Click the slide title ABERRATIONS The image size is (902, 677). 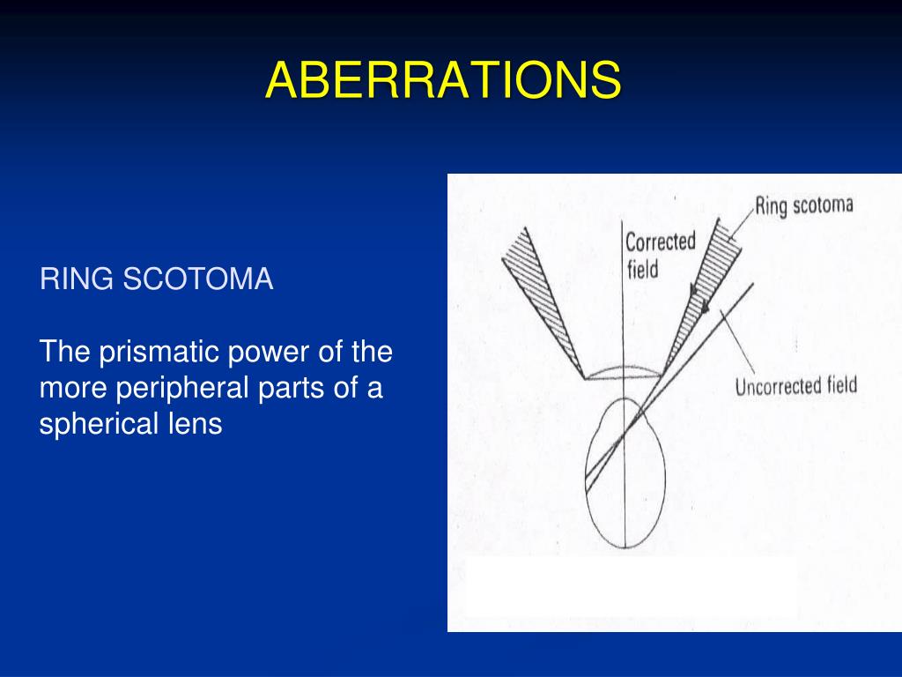point(443,80)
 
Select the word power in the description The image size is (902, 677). point(269,353)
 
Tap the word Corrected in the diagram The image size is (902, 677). point(660,241)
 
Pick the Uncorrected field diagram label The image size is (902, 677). point(795,385)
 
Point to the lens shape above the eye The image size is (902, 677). point(622,373)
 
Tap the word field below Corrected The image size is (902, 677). point(642,268)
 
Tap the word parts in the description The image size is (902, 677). point(313,389)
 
